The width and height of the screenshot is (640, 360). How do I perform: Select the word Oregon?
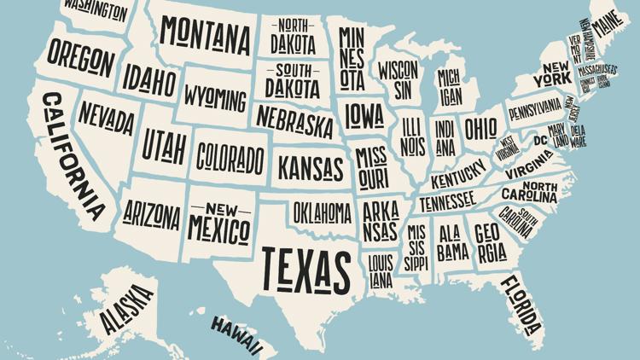[80, 57]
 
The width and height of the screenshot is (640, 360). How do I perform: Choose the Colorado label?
[230, 157]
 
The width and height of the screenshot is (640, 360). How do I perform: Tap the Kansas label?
[311, 166]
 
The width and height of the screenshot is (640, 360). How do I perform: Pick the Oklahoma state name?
[322, 211]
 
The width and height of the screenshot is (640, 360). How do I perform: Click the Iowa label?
[364, 114]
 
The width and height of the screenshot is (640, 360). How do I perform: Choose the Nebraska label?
[294, 121]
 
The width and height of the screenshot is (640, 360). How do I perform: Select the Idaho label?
[149, 80]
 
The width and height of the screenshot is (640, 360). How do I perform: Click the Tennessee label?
[446, 201]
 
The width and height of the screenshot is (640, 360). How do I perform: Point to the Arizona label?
[151, 212]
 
